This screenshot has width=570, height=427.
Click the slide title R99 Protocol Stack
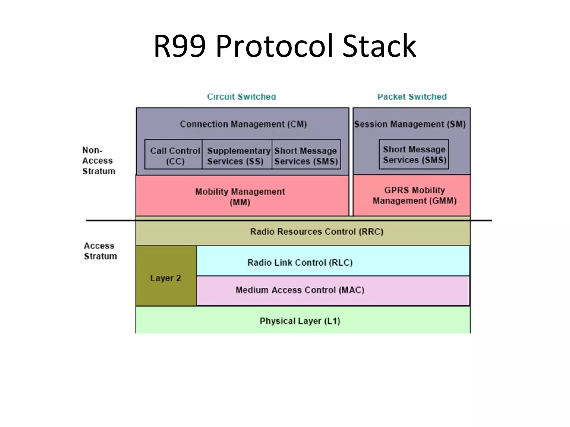285,46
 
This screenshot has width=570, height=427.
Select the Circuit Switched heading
241,97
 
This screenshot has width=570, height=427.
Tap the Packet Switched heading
412,97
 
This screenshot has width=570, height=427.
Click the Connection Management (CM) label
243,124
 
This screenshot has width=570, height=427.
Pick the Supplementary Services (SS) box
237,156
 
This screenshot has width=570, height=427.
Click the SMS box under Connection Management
306,156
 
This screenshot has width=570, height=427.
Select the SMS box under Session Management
414,155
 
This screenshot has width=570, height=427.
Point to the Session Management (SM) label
410,124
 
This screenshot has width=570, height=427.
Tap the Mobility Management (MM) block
240,196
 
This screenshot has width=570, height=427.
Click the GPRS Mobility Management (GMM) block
414,195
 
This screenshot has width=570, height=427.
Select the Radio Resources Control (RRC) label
316,232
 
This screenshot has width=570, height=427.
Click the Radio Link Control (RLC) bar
300,262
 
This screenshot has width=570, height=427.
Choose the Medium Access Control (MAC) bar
300,290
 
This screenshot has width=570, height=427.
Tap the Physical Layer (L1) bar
300,321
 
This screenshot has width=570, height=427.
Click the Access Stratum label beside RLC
100,251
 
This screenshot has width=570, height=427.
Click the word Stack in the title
379,46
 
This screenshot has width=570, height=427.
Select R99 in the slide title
180,46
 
